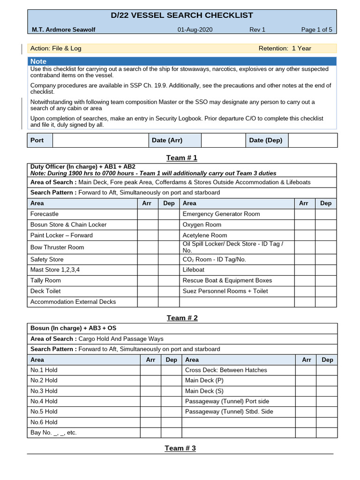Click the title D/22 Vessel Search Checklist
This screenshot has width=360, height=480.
(x=182, y=15)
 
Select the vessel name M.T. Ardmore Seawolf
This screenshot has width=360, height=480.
(x=63, y=30)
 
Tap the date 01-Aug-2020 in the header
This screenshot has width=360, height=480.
(x=195, y=30)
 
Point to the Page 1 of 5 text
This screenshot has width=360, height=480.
(x=316, y=30)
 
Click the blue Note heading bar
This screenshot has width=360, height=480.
(x=182, y=61)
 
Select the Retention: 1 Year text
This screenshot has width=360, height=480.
(x=285, y=48)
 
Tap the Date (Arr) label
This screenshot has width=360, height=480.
(x=167, y=140)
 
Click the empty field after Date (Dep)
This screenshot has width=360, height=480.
(x=312, y=140)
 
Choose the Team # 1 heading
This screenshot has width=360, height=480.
(x=182, y=157)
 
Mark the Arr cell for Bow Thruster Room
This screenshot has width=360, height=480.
(x=148, y=247)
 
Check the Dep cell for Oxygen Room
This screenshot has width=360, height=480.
(x=325, y=225)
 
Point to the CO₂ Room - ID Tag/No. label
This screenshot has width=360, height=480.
(x=214, y=259)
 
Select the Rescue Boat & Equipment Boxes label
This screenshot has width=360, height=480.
(x=227, y=280)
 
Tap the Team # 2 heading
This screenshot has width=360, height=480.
(x=182, y=318)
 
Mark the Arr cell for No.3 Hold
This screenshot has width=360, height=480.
(x=150, y=391)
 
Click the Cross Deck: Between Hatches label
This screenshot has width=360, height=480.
(x=226, y=370)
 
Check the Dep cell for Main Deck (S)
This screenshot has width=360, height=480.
(x=327, y=391)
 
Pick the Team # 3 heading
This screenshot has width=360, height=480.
(x=180, y=448)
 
